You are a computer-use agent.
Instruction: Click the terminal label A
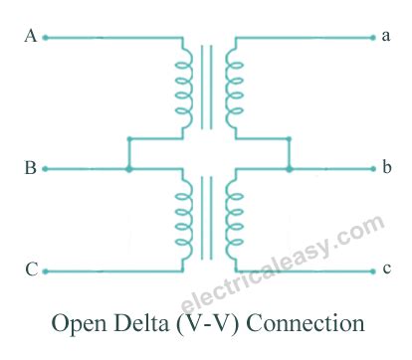click(x=31, y=37)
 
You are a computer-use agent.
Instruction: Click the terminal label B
click(x=31, y=169)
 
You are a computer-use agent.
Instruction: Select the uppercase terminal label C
click(x=31, y=270)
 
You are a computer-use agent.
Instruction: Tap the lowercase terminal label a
click(x=386, y=37)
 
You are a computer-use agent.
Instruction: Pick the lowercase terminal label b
click(x=386, y=169)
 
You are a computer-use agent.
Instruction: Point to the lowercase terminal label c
click(x=386, y=270)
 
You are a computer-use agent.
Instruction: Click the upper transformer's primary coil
click(x=184, y=85)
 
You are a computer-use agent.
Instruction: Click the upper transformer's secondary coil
click(x=232, y=85)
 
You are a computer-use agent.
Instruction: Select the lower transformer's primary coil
click(x=184, y=221)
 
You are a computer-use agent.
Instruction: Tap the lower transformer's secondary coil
click(x=232, y=221)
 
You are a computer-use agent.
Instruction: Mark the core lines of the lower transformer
click(x=207, y=221)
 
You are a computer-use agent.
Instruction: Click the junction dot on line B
click(x=128, y=170)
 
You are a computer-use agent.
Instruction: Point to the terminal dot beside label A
click(x=45, y=38)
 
